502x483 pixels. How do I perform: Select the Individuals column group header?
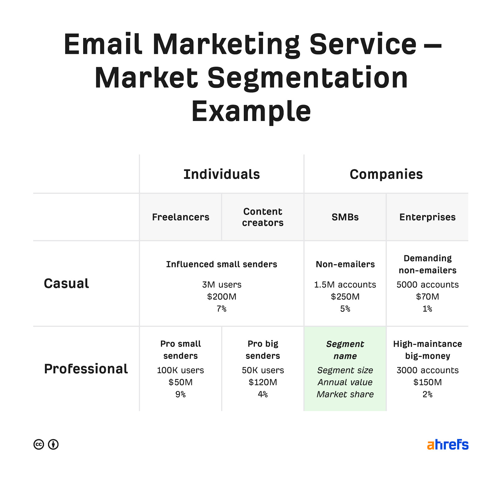(222, 174)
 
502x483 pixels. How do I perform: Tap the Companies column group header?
(386, 174)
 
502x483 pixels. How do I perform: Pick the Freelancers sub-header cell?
(180, 217)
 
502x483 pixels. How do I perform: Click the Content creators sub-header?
(263, 217)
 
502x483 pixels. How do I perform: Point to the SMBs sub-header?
(345, 217)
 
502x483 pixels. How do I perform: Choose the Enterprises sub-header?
(427, 217)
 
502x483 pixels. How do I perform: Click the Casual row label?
(66, 284)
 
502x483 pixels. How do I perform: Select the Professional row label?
(86, 369)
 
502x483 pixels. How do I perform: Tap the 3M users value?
(222, 284)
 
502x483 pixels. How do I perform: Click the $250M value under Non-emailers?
(345, 296)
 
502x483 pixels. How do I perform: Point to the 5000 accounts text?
(427, 284)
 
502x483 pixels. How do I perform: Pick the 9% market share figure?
(180, 394)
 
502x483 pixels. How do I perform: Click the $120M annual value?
(263, 382)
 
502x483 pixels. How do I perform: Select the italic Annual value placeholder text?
(345, 382)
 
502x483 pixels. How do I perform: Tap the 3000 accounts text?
(427, 370)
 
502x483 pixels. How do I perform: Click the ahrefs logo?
(448, 444)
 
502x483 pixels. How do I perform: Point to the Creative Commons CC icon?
(39, 444)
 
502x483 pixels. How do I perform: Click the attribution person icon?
(53, 444)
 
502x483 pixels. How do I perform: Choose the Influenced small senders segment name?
(222, 264)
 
